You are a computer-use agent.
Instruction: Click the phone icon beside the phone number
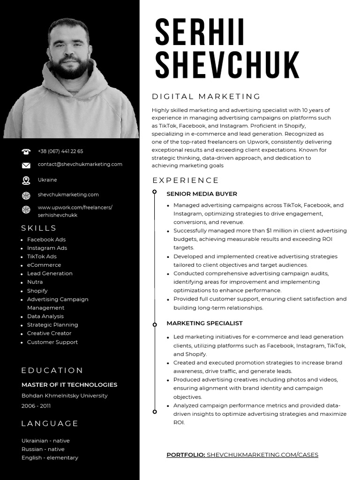point(26,151)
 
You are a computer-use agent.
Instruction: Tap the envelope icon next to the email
point(26,165)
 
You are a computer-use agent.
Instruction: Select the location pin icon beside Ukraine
point(26,180)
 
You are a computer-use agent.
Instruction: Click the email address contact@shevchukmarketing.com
point(80,164)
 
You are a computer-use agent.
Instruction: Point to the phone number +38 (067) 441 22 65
point(60,151)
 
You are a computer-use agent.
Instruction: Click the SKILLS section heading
point(39,228)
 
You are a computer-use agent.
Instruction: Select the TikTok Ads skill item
point(42,256)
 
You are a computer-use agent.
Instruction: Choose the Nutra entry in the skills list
point(35,282)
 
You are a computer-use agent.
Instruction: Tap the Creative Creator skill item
point(49,333)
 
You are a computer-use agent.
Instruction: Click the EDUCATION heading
point(52,370)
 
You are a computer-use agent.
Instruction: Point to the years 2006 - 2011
point(36,406)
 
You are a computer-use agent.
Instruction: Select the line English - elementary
point(50,457)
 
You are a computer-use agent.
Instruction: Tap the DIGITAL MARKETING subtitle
point(206,97)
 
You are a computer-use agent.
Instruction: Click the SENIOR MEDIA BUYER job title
point(202,194)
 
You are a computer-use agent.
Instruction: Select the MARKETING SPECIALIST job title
point(204,323)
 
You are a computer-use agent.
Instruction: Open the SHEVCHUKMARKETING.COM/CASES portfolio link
point(262,455)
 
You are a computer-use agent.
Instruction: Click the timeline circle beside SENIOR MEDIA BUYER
point(155,192)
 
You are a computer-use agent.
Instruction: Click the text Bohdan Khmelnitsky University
point(64,396)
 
